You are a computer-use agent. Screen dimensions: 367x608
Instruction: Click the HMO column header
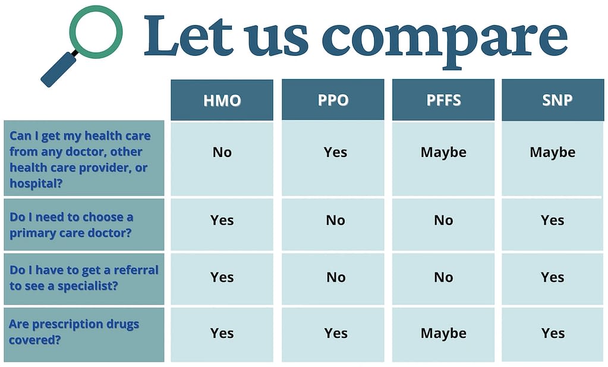pos(222,100)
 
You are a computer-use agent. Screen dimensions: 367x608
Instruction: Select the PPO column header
pos(333,100)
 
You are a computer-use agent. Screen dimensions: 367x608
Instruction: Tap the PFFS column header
pos(443,100)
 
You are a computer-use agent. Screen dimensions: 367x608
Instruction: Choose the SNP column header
pos(553,100)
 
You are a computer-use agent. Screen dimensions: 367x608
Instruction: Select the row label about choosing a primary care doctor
pos(71,224)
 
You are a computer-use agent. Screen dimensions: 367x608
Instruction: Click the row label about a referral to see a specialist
pos(84,277)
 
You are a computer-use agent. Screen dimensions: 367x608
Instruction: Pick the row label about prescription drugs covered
pos(74,332)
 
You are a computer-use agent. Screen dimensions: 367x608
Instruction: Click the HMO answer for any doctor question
pos(222,152)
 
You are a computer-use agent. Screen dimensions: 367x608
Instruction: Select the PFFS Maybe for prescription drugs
pos(443,333)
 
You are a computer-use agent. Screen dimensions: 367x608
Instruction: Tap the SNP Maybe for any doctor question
pos(553,152)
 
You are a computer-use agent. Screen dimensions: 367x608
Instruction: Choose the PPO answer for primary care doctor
pos(335,221)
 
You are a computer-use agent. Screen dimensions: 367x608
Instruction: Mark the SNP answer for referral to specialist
pos(553,277)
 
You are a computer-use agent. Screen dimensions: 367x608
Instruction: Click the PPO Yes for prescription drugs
pos(336,333)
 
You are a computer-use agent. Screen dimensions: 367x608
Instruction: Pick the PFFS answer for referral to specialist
pos(443,277)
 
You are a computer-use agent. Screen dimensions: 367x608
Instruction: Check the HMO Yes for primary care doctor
pos(222,221)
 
